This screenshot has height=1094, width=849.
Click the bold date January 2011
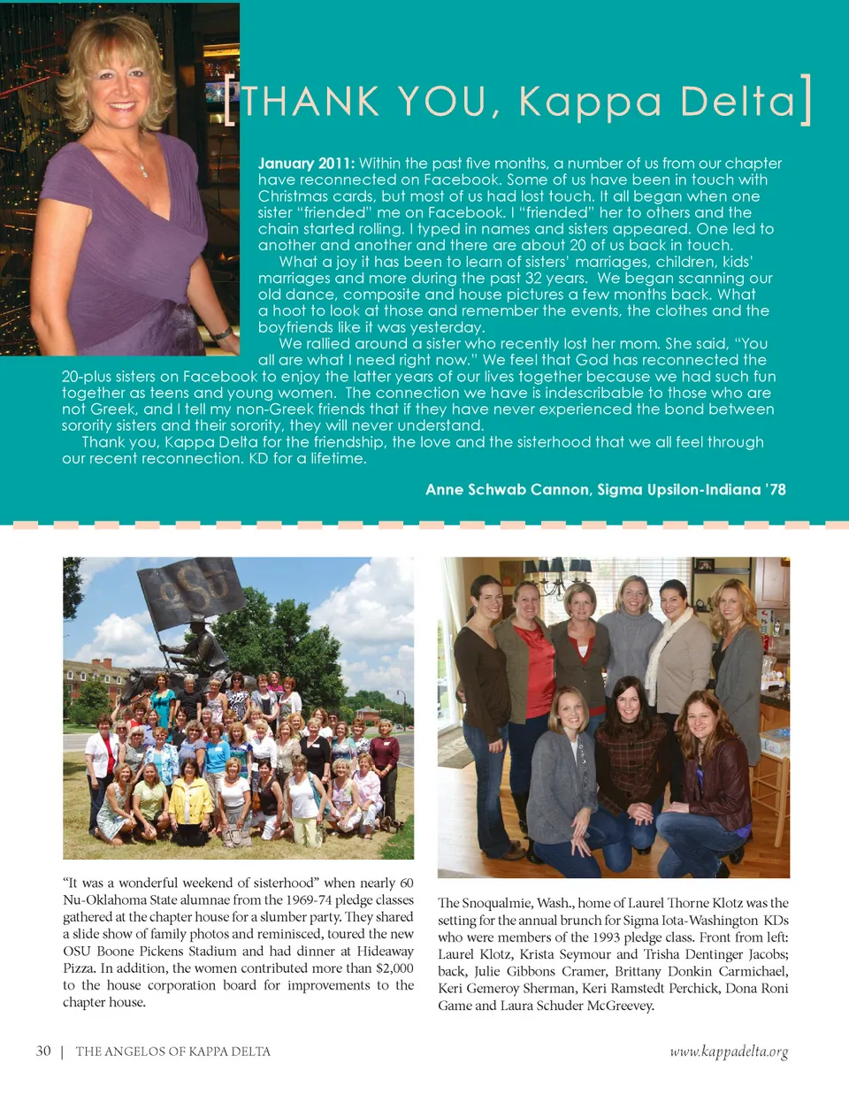pos(306,164)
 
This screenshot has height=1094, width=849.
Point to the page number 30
pos(43,1052)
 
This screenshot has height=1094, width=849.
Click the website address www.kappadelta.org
pos(728,1052)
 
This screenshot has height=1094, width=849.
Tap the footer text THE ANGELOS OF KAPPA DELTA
pos(173,1052)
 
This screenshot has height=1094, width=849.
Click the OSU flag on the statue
pos(191,591)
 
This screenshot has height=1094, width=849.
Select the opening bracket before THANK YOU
pos(230,102)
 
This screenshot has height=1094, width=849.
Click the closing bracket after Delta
pos(806,100)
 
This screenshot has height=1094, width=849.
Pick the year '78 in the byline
pos(775,490)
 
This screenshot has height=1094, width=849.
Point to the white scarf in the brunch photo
pos(659,646)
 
